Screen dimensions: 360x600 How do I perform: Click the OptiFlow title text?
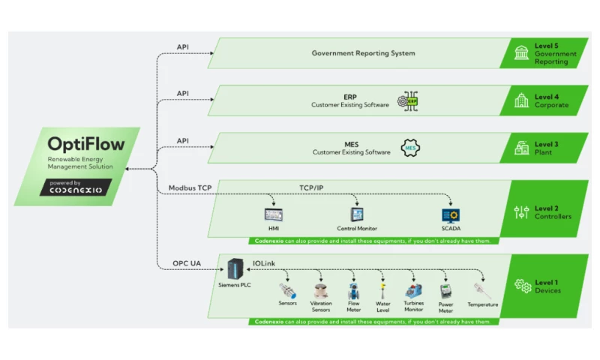click(78, 144)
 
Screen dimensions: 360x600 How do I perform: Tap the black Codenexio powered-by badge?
click(76, 187)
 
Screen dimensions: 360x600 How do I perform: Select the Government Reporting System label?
click(363, 53)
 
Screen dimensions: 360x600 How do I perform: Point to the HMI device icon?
click(273, 214)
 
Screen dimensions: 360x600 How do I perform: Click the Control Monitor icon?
click(356, 214)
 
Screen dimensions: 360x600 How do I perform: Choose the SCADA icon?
click(450, 215)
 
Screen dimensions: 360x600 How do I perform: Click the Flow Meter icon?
click(353, 291)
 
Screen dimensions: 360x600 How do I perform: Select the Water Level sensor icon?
click(383, 289)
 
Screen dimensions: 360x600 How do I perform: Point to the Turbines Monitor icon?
click(414, 289)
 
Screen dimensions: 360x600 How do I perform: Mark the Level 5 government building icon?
click(520, 53)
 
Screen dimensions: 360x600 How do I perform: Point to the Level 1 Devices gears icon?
click(522, 286)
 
